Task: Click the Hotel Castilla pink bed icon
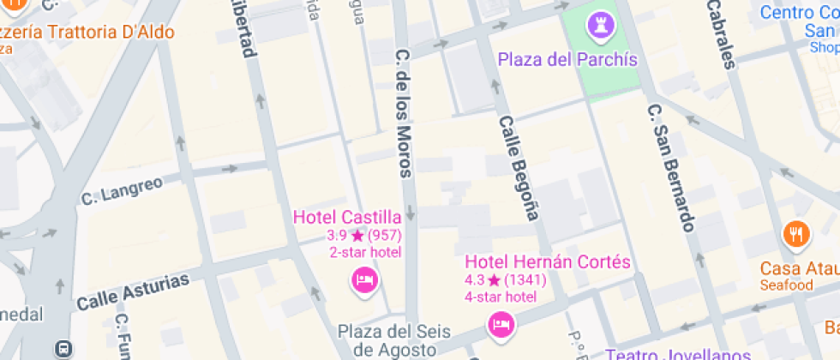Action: pyautogui.click(x=365, y=279)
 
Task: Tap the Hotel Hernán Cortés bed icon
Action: pyautogui.click(x=501, y=324)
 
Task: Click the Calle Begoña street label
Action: pyautogui.click(x=519, y=168)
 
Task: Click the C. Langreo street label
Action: pyautogui.click(x=122, y=191)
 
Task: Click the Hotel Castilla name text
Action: pyautogui.click(x=347, y=216)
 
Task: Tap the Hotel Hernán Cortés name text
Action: pyautogui.click(x=548, y=261)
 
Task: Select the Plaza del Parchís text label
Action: pyautogui.click(x=567, y=59)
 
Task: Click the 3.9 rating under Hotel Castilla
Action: pyautogui.click(x=336, y=235)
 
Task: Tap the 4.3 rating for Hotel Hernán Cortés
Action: pyautogui.click(x=475, y=280)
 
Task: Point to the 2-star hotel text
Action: pyautogui.click(x=365, y=252)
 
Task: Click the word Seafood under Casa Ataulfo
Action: pyautogui.click(x=786, y=285)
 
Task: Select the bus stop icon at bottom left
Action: pyautogui.click(x=63, y=348)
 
